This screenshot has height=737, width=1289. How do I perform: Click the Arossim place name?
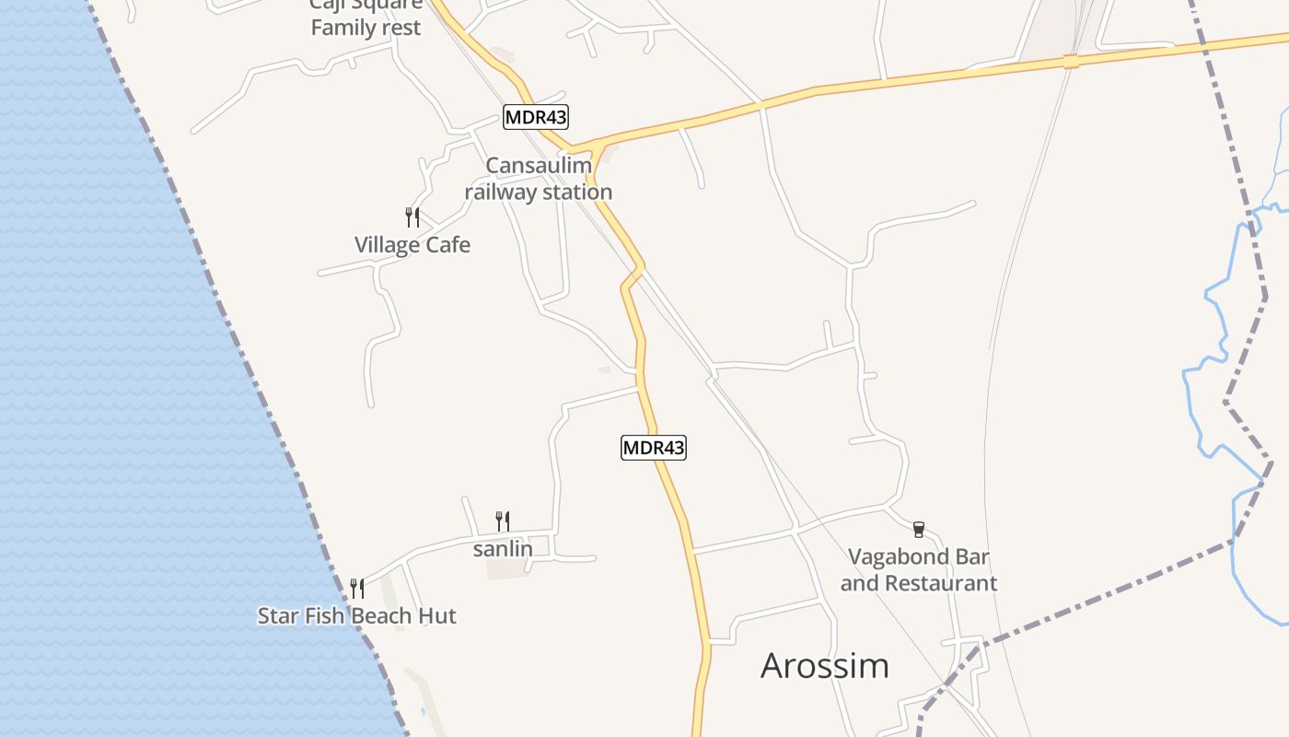825,665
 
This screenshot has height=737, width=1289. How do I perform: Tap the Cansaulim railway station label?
538,179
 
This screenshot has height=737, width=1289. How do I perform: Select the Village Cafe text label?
412,245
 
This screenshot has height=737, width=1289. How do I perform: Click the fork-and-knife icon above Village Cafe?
412,217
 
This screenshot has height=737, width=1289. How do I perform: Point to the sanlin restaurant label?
503,549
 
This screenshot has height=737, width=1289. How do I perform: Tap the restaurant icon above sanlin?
503,521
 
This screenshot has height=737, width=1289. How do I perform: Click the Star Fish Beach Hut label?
357,615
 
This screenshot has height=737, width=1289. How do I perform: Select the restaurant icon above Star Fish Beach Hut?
357,588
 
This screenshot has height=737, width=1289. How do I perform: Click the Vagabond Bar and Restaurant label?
919,569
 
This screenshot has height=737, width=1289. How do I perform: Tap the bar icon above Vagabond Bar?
918,529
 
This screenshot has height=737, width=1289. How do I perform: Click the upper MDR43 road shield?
536,117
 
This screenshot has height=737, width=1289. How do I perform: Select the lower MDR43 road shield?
654,448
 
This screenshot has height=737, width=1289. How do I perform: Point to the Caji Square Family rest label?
366,17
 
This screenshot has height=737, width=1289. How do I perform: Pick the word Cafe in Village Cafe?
447,245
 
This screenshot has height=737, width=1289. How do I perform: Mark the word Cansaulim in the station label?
539,166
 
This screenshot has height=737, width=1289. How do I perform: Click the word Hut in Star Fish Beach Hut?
437,615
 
